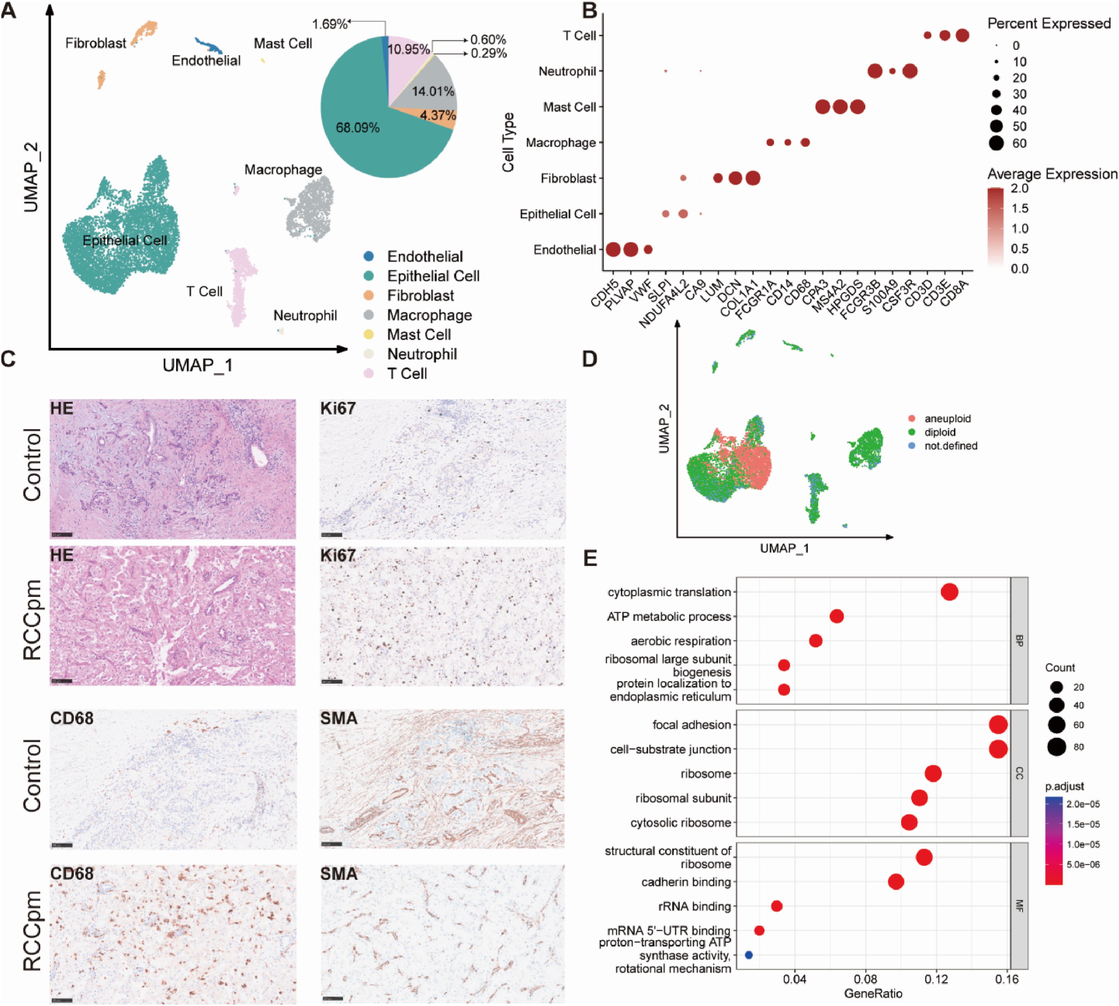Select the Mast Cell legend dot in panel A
369,334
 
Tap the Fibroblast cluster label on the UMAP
96,43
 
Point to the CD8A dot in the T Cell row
962,36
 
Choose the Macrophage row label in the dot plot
561,143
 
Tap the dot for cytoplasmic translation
949,592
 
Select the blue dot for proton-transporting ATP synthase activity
748,955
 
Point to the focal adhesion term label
692,725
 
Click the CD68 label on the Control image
72,718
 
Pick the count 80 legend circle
1057,747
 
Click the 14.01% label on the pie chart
433,91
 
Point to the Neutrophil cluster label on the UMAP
305,316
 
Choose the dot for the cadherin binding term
896,882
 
